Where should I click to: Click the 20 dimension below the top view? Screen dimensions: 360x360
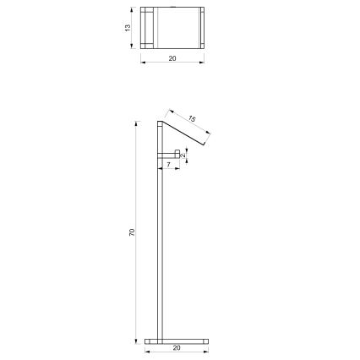tap(173, 59)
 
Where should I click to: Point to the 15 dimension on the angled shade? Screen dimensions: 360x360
tap(193, 119)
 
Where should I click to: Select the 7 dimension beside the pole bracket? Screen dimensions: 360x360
tap(169, 165)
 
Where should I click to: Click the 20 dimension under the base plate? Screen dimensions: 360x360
tap(176, 347)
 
